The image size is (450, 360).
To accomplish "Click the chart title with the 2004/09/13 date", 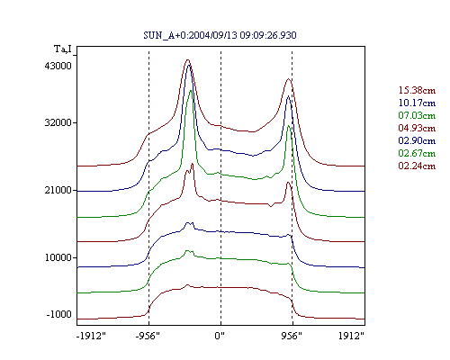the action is (x=220, y=35).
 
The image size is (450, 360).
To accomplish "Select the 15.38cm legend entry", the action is (x=417, y=90).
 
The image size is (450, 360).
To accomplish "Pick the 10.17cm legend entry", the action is (x=417, y=103).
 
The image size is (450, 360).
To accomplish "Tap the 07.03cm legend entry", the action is (x=417, y=115).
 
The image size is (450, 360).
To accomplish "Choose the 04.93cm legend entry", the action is (x=417, y=128).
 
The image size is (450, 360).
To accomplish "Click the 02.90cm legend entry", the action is (x=417, y=140).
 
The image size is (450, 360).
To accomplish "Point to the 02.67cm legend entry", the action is (x=417, y=153).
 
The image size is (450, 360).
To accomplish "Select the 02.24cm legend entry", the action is (x=417, y=166).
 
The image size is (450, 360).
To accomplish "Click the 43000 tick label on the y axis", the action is (x=58, y=66).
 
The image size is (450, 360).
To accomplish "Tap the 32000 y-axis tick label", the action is (x=58, y=122).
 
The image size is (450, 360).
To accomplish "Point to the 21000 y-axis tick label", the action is (x=58, y=190).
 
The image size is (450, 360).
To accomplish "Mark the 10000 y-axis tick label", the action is (x=58, y=257).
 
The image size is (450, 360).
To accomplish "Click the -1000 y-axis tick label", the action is (x=58, y=314).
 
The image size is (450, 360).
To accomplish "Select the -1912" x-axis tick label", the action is (x=92, y=336).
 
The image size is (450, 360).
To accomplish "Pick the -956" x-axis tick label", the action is (x=148, y=336).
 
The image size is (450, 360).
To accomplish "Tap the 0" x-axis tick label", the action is (x=220, y=336).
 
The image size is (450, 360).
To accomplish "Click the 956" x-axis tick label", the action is (x=292, y=336).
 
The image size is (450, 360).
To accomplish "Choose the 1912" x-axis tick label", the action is (x=351, y=336).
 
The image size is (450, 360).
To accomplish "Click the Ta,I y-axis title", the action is (x=63, y=49).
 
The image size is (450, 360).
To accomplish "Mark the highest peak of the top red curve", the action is (x=188, y=59).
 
